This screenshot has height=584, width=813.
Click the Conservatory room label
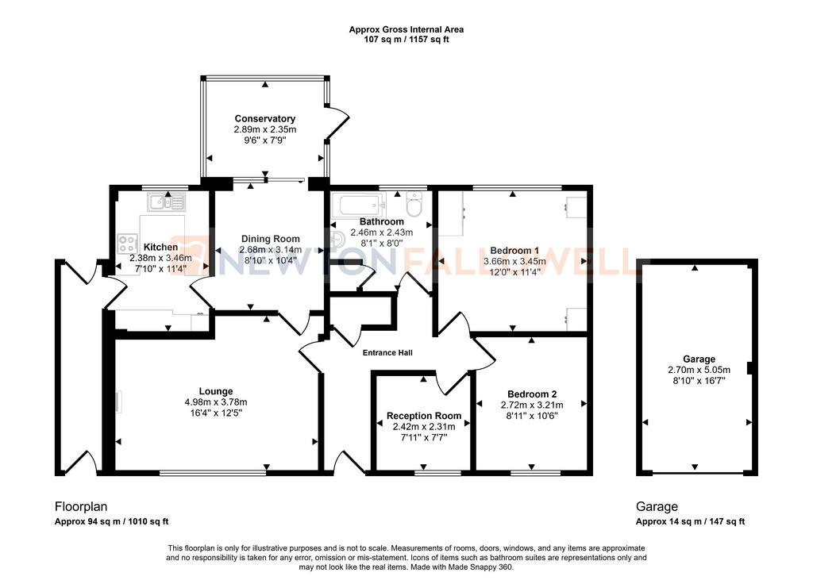coord(265,119)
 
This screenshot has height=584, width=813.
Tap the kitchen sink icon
coord(166,202)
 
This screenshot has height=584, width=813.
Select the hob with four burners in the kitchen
coord(128,244)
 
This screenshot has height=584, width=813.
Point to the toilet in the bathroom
coord(414,204)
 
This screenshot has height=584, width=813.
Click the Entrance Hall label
coord(387,353)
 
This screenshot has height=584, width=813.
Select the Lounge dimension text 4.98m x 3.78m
coord(216,402)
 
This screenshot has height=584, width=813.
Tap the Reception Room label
coord(424,416)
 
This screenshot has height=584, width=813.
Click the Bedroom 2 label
coord(532,394)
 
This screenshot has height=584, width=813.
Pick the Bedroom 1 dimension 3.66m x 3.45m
coord(514,262)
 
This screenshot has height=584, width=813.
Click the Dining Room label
coord(270,239)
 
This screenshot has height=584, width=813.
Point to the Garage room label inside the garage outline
coord(699,359)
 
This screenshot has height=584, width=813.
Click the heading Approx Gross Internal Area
coord(406,29)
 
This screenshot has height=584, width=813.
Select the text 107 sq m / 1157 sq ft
coord(406,40)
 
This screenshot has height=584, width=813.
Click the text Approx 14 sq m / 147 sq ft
coord(690,521)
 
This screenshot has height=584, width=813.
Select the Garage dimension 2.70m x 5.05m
coord(699,370)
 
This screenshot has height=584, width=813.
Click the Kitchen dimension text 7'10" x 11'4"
coord(160,269)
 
